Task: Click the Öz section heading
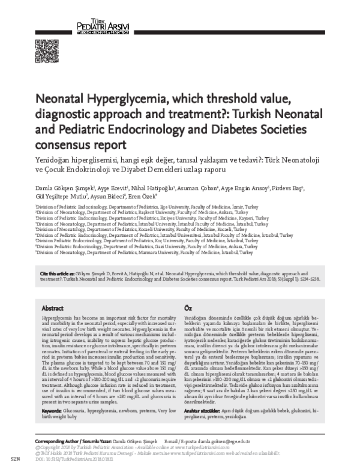pyautogui.click(x=188, y=307)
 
